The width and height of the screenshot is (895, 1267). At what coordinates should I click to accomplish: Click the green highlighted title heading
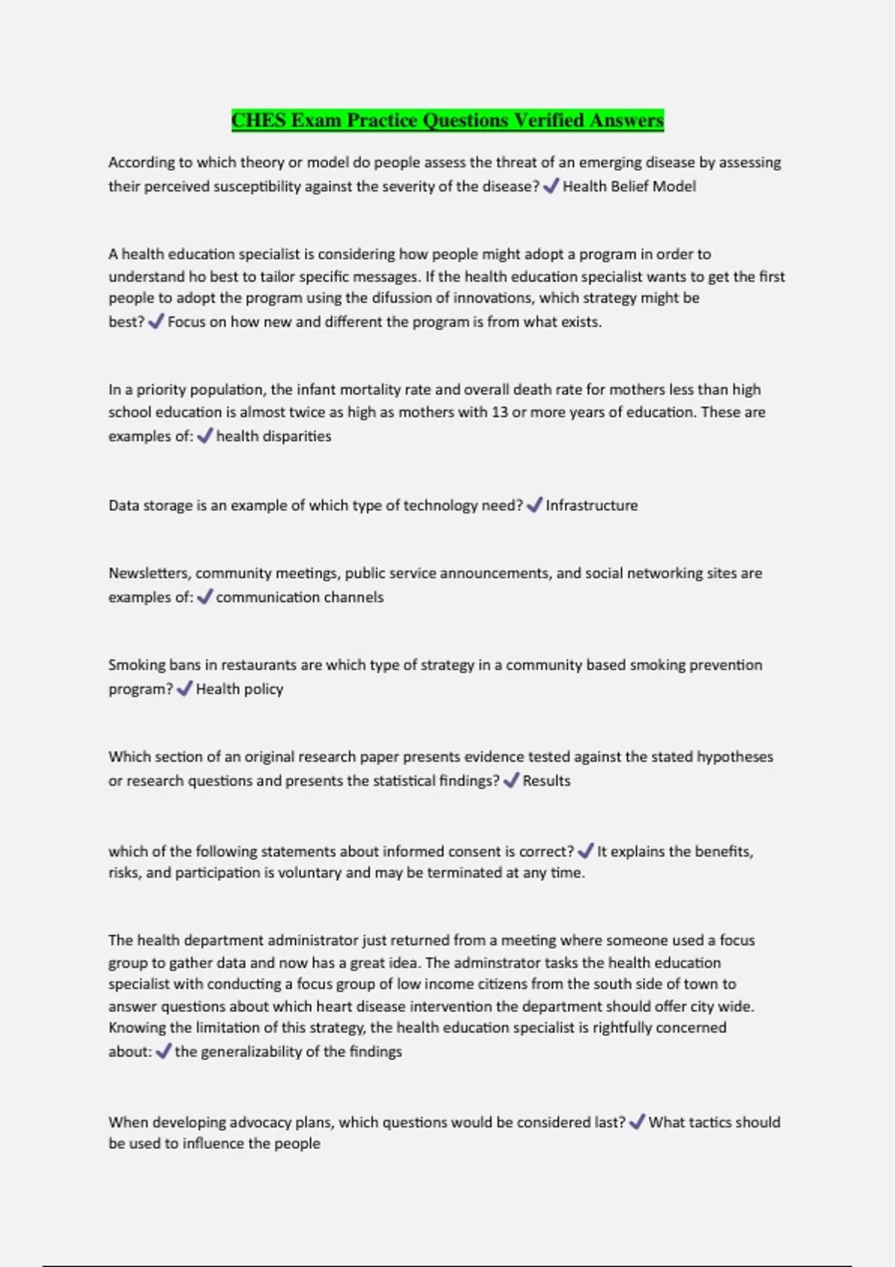pyautogui.click(x=447, y=121)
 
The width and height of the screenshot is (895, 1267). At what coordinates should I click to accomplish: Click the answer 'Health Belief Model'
pyautogui.click(x=629, y=186)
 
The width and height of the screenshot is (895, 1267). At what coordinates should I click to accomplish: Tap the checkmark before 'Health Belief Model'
pyautogui.click(x=551, y=186)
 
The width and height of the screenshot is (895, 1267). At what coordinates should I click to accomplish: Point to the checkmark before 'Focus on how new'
pyautogui.click(x=156, y=322)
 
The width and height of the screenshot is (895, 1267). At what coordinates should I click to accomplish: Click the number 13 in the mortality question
pyautogui.click(x=500, y=412)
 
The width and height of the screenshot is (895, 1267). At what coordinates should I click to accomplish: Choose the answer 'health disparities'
pyautogui.click(x=274, y=436)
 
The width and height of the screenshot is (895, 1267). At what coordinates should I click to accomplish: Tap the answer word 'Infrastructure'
pyautogui.click(x=591, y=505)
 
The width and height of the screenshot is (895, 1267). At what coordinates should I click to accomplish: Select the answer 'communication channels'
pyautogui.click(x=300, y=597)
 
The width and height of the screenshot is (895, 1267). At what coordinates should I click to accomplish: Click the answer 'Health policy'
pyautogui.click(x=239, y=689)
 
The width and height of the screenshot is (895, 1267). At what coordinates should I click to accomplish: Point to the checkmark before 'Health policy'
pyautogui.click(x=184, y=689)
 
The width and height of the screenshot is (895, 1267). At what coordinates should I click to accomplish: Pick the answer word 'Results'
pyautogui.click(x=546, y=780)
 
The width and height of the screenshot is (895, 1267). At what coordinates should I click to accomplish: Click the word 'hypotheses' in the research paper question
pyautogui.click(x=735, y=756)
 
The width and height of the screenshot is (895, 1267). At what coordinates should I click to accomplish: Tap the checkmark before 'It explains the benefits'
pyautogui.click(x=585, y=850)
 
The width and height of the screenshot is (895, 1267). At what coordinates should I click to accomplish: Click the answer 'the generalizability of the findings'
pyautogui.click(x=288, y=1052)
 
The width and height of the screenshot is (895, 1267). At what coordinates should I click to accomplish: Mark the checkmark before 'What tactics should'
pyautogui.click(x=637, y=1122)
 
